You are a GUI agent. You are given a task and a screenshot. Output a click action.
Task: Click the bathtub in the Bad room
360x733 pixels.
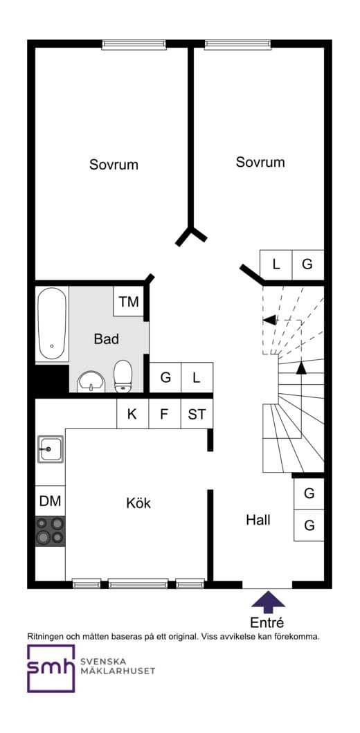52,324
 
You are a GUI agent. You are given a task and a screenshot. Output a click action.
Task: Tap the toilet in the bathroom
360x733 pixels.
123,376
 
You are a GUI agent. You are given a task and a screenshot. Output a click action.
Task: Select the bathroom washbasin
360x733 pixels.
92,381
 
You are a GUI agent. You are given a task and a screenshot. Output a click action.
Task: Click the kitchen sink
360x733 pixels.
51,449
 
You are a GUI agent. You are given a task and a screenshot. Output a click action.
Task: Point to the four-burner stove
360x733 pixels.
50,531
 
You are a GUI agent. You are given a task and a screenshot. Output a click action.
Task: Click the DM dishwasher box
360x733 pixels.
50,501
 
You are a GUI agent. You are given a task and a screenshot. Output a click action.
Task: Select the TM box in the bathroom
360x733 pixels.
129,302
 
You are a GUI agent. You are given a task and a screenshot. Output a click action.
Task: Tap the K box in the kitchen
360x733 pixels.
132,414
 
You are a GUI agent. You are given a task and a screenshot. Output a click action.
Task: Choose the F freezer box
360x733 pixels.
164,414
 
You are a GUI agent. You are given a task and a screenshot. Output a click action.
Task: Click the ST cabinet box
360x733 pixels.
197,414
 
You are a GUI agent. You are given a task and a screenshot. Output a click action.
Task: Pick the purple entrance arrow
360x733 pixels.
268,599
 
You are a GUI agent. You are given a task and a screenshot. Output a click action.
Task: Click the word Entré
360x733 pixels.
267,623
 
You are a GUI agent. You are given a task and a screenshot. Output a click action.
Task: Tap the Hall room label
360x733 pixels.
258,520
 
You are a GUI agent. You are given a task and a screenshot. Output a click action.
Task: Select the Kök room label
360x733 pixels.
138,503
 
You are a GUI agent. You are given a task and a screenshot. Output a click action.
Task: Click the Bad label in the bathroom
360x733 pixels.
106,339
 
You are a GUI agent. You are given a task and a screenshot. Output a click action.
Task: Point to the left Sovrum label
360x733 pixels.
114,165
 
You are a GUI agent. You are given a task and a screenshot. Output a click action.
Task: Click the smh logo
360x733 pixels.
51,668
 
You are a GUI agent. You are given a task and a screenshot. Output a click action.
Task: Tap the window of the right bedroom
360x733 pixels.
237,44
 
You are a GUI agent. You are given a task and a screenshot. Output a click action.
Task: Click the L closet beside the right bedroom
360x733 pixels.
276,264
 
